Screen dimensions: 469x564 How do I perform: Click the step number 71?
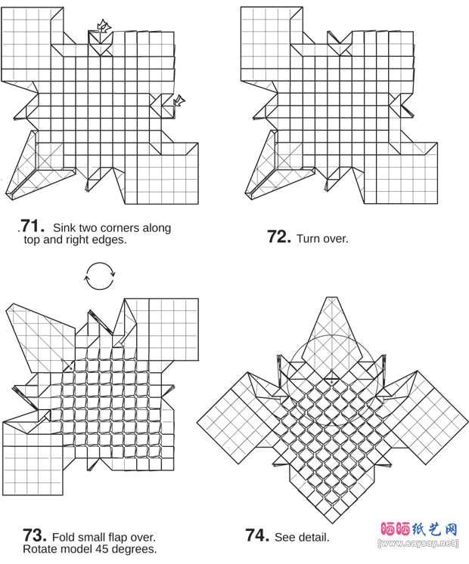coord(33,227)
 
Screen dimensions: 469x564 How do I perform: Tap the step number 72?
coord(279,236)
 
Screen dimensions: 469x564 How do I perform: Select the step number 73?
coord(35,535)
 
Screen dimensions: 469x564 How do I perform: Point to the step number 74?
coord(257,535)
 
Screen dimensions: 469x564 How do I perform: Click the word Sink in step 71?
coord(64,228)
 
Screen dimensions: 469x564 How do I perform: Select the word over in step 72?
coord(336,239)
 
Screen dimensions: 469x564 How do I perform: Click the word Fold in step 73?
coord(64,537)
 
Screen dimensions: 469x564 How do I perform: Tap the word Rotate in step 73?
coord(39,549)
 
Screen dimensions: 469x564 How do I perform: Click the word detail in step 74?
coord(315,537)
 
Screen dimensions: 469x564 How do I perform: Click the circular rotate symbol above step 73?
coord(100,276)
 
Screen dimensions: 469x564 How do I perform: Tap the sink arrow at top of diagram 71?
coord(104,26)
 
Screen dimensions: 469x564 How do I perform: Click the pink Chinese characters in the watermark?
coord(396,529)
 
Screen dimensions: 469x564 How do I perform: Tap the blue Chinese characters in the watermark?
coord(435,529)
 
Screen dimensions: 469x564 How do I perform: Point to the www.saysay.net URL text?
coord(418,543)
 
